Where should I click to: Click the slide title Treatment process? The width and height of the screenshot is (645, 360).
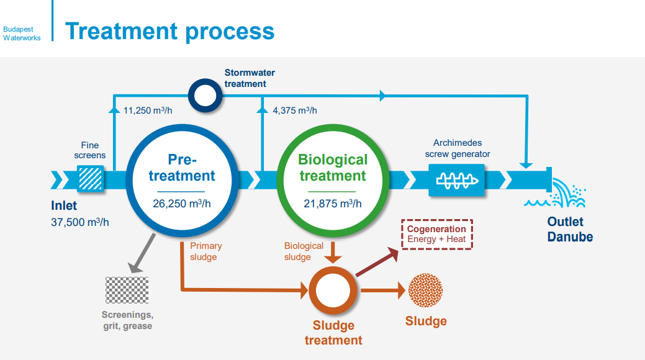click(169, 31)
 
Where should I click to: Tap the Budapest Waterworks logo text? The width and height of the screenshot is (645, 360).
click(22, 34)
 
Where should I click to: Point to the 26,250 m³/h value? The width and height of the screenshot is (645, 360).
click(181, 203)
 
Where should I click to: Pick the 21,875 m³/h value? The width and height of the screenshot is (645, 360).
click(333, 203)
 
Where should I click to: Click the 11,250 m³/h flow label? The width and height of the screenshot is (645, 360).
click(147, 110)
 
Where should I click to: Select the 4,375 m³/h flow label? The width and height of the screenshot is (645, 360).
click(295, 110)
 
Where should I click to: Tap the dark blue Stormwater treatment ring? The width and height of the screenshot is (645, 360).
click(205, 96)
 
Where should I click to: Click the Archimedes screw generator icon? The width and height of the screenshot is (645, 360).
click(457, 179)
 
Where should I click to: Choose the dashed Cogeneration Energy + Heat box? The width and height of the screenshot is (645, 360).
click(437, 234)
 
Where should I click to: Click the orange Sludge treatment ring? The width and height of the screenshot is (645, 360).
click(333, 290)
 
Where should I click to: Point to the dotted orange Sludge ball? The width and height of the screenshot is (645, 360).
click(426, 290)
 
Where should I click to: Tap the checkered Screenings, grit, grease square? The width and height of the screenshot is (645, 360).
click(127, 290)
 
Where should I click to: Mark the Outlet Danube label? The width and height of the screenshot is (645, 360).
click(569, 229)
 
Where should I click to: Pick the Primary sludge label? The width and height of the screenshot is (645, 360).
click(206, 251)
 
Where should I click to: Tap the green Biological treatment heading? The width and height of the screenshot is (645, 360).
click(333, 168)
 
